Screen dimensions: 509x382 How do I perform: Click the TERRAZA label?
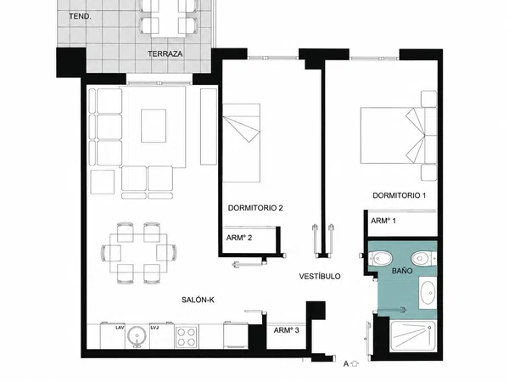click(165, 54)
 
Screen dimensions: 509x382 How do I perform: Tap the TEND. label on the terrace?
click(80, 16)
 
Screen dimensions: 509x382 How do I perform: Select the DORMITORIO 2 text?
click(255, 208)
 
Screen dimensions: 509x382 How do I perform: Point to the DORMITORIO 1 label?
click(399, 195)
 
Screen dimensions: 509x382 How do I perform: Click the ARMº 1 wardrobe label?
click(383, 221)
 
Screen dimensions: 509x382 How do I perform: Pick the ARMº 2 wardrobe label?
click(239, 238)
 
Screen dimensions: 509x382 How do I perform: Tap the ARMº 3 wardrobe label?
click(286, 330)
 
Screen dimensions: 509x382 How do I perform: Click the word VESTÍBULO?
click(320, 277)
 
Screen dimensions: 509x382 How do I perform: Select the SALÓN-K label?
click(198, 301)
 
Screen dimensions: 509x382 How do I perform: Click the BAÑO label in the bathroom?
click(402, 271)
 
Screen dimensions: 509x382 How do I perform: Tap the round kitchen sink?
click(137, 336)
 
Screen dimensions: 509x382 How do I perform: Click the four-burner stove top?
click(187, 337)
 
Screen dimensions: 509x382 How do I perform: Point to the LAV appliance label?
click(120, 328)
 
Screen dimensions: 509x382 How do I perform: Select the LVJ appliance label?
click(154, 328)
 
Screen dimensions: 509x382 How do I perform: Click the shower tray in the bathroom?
click(412, 336)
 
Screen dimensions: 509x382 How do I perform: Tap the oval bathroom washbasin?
click(428, 293)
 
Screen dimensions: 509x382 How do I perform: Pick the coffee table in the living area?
click(154, 126)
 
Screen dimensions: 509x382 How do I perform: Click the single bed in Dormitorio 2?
click(241, 143)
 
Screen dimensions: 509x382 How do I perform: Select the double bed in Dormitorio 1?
click(399, 136)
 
